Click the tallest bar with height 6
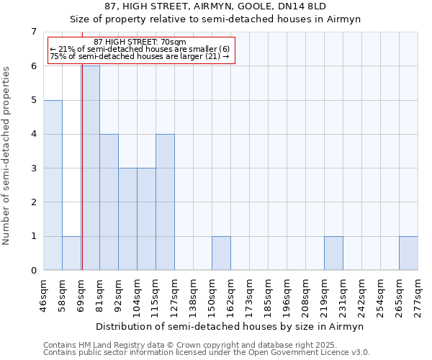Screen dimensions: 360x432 point(91,168)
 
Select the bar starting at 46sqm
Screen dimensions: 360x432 point(53,185)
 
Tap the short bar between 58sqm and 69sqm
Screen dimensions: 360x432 point(71,253)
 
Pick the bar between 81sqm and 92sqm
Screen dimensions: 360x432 point(109,202)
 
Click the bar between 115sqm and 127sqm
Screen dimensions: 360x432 point(165,202)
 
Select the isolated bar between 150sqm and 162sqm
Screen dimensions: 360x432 point(221,253)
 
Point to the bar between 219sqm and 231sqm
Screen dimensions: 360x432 point(333,253)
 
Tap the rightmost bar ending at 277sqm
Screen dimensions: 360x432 point(408,253)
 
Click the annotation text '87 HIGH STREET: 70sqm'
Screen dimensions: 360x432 point(140,42)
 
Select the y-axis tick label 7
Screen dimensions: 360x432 point(33,32)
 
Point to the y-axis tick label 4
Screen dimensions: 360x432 point(33,134)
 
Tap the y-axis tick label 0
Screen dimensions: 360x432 point(33,271)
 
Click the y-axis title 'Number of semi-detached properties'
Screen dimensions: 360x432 point(7,156)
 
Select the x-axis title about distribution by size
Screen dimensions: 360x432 point(230,326)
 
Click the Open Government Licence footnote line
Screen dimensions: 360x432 point(207,353)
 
